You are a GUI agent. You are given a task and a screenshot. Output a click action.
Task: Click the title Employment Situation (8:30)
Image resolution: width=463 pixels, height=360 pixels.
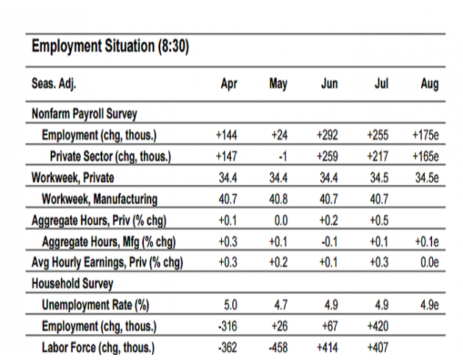(x=110, y=46)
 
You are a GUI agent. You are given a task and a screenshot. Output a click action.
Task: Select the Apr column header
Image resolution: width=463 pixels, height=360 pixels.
(x=229, y=84)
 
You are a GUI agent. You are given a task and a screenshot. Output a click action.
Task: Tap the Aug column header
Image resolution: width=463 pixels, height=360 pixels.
(x=430, y=84)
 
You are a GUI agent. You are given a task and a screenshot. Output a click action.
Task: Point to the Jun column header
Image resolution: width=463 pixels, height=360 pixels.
(x=329, y=84)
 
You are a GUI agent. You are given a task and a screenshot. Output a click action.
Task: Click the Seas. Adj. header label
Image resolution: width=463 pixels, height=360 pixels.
(x=54, y=84)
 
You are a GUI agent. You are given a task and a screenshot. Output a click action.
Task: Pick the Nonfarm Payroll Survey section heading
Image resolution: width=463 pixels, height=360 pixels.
(x=85, y=114)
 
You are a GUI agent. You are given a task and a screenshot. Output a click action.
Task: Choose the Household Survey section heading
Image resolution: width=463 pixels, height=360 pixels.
(x=72, y=284)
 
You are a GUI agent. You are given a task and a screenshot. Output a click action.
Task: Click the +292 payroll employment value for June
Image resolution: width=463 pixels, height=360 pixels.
(x=327, y=135)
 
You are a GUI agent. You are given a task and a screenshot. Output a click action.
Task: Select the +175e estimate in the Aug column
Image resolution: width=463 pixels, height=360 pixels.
(x=426, y=135)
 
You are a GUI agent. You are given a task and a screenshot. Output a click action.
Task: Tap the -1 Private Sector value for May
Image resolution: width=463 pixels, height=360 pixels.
(x=283, y=156)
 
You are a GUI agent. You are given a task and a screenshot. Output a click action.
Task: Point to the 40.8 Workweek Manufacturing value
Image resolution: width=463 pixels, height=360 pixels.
(x=278, y=199)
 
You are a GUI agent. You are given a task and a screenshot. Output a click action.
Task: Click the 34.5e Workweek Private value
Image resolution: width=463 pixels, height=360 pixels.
(x=427, y=178)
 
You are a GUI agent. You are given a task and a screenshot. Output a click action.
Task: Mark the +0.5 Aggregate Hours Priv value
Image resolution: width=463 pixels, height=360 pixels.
(x=378, y=220)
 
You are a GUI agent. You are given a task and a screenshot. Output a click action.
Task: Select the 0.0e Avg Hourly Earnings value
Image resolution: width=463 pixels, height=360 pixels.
(x=430, y=262)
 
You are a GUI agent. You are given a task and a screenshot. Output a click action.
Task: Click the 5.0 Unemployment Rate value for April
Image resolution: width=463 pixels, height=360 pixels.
(x=231, y=305)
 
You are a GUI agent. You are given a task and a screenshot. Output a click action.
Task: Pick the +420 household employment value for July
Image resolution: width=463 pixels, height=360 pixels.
(x=378, y=326)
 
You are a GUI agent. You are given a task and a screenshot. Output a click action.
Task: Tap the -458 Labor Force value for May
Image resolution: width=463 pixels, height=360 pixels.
(x=278, y=348)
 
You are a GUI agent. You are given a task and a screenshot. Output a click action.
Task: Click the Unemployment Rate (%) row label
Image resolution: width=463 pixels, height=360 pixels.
(x=96, y=305)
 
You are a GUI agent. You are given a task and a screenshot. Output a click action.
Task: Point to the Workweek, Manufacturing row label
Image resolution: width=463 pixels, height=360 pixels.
(x=99, y=199)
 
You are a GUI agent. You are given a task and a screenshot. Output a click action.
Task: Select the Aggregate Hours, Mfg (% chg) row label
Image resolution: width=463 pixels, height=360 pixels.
(x=109, y=242)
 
